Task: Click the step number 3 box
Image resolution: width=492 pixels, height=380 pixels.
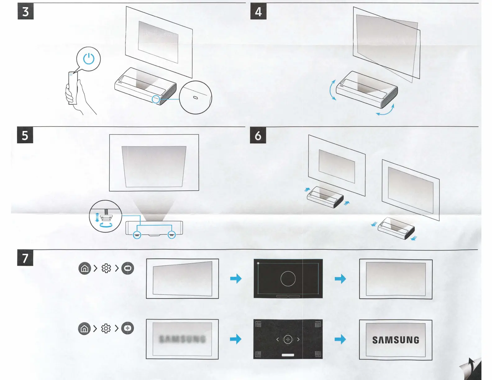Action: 25,11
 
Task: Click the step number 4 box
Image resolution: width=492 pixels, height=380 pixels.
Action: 258,11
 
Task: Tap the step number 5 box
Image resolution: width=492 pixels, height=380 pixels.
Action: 25,135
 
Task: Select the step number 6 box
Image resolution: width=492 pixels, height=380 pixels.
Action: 258,135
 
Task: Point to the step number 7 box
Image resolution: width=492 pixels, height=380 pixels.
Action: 25,258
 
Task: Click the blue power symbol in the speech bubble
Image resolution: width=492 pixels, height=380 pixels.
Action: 89,59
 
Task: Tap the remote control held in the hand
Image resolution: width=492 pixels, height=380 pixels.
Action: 72,88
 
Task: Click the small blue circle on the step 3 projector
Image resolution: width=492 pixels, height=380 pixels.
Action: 156,99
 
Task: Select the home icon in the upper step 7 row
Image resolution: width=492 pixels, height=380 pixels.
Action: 84,269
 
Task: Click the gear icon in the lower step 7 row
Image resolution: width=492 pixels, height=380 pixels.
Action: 106,328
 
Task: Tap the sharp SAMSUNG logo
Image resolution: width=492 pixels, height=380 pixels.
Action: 396,340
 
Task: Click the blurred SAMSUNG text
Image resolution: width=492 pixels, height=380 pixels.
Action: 182,339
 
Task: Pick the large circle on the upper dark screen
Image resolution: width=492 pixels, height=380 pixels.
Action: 288,278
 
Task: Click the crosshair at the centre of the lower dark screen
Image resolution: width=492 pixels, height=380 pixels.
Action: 288,339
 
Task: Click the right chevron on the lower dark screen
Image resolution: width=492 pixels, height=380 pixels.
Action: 298,339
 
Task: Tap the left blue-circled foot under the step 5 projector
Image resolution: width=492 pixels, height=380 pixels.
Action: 137,235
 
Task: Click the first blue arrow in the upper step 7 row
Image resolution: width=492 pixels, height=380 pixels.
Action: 236,278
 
